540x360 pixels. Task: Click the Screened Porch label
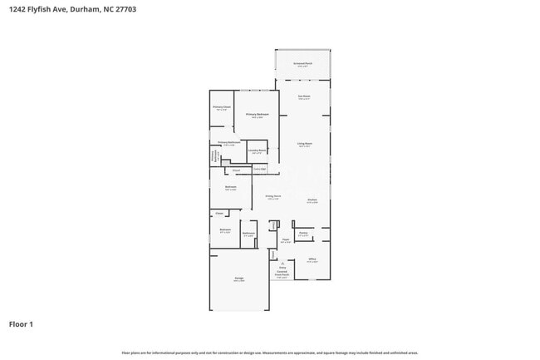pyautogui.click(x=302, y=63)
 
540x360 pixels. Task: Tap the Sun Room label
pyautogui.click(x=304, y=96)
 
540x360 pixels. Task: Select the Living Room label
pyautogui.click(x=304, y=144)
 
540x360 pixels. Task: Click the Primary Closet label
pyautogui.click(x=221, y=107)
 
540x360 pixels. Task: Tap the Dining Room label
pyautogui.click(x=272, y=196)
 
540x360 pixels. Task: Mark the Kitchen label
pyautogui.click(x=312, y=200)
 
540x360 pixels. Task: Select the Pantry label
pyautogui.click(x=303, y=234)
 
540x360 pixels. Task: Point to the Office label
pyautogui.click(x=312, y=259)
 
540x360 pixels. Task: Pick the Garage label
pyautogui.click(x=238, y=279)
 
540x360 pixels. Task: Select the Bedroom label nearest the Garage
pyautogui.click(x=225, y=230)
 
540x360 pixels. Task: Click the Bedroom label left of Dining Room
pyautogui.click(x=230, y=187)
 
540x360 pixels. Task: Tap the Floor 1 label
pyautogui.click(x=21, y=323)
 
